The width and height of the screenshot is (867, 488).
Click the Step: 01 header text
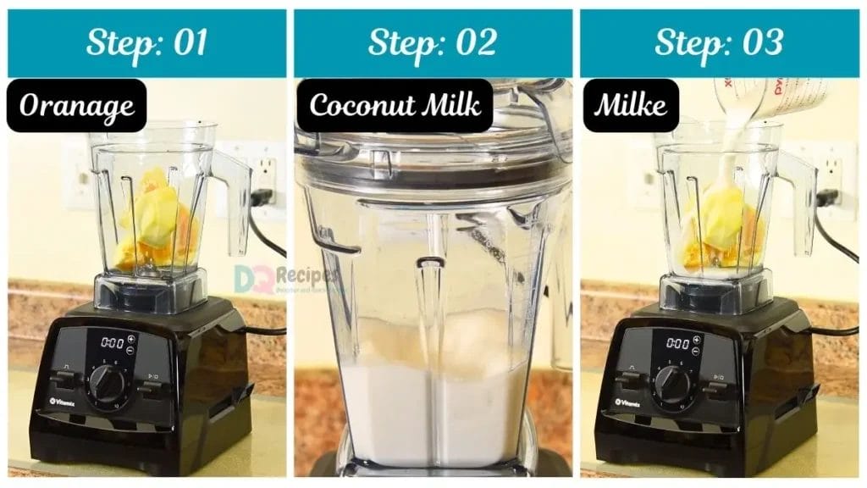click(146, 42)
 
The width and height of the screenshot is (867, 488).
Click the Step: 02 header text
click(433, 42)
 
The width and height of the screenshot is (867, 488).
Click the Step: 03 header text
click(719, 42)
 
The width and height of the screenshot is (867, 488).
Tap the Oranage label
click(76, 106)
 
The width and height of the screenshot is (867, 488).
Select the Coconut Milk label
click(395, 105)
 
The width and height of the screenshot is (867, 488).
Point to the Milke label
click(630, 105)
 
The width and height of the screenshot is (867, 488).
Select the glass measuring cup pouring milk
click(766, 97)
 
